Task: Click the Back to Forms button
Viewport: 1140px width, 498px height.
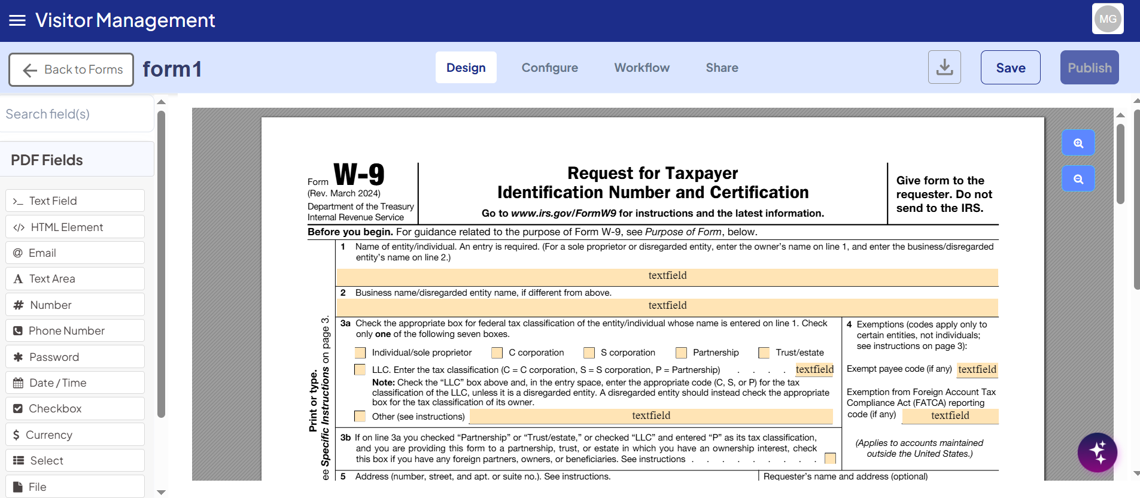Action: point(71,69)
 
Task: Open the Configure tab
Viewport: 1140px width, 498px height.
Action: point(549,68)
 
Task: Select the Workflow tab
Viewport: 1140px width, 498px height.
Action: point(642,68)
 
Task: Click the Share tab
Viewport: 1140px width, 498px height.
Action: point(722,68)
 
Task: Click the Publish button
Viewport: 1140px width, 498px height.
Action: point(1089,68)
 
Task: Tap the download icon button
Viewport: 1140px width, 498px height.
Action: point(944,67)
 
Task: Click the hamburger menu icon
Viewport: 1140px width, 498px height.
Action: point(17,21)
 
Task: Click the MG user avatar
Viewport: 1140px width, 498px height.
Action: point(1107,19)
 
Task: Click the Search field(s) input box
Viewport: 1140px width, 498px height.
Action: point(77,114)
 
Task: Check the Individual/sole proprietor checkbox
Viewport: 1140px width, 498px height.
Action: point(360,353)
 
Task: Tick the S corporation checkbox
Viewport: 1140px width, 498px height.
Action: point(589,353)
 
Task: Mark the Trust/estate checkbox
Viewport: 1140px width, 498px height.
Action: point(764,353)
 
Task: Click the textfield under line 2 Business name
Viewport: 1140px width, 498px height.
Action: point(667,306)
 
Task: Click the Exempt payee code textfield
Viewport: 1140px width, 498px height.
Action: point(977,369)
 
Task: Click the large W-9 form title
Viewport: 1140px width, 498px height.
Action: point(359,175)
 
